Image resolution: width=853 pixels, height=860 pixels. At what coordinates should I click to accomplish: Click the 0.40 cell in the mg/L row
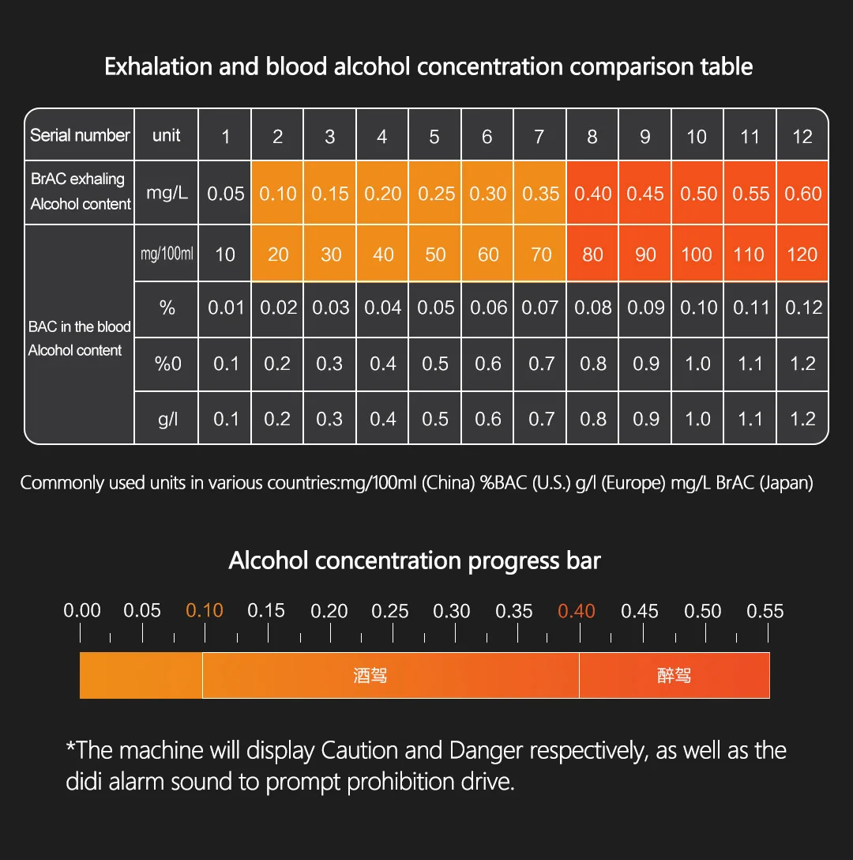[592, 194]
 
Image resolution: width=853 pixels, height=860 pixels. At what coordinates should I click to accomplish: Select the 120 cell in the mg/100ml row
[802, 255]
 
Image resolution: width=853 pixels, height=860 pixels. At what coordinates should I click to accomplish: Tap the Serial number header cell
[80, 135]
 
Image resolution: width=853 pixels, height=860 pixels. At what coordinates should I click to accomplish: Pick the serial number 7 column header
[539, 137]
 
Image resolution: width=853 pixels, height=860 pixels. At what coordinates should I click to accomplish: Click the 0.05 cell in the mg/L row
[226, 194]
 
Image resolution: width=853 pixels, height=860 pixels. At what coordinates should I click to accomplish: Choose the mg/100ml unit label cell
[167, 254]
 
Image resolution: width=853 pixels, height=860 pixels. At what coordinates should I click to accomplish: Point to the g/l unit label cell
[167, 419]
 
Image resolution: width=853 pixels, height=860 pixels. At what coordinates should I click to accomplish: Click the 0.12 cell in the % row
[803, 307]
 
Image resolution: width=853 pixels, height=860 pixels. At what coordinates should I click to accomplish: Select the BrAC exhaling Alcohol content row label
[80, 191]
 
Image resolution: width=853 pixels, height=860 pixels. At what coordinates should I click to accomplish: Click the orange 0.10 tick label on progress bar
[205, 611]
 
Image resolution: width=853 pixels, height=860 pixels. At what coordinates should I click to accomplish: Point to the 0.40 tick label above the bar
[577, 611]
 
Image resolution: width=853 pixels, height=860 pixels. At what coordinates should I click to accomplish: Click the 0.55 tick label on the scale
[765, 611]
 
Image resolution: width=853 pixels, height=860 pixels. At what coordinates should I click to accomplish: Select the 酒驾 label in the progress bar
[370, 676]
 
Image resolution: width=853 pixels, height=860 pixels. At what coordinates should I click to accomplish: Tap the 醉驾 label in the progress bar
[674, 676]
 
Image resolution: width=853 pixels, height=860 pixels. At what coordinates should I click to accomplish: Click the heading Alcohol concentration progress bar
[415, 561]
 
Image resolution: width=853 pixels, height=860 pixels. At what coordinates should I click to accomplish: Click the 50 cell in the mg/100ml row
[435, 255]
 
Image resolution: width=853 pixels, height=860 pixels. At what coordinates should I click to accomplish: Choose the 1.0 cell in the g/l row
[697, 419]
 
